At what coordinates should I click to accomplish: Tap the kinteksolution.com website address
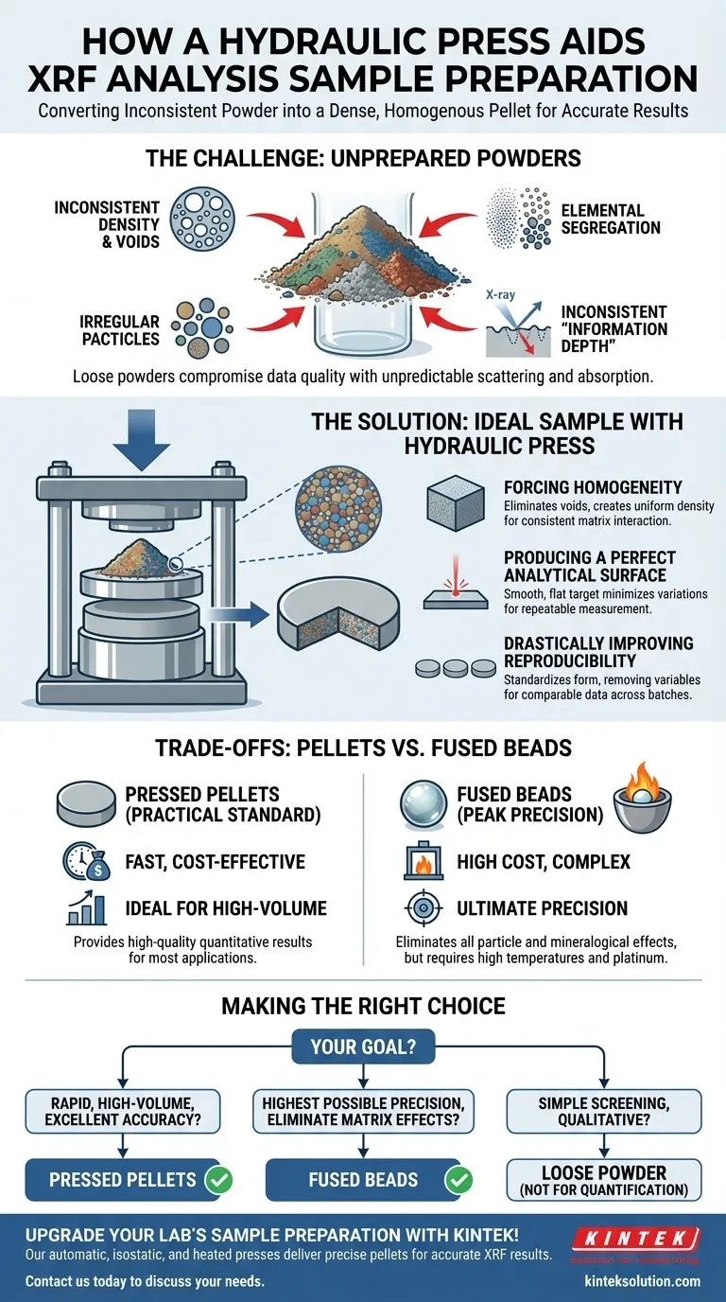pyautogui.click(x=643, y=1281)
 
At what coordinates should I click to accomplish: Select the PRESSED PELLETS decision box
pyautogui.click(x=123, y=1180)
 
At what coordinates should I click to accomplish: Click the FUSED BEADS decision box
pyautogui.click(x=363, y=1180)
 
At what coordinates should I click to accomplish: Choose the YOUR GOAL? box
pyautogui.click(x=363, y=1047)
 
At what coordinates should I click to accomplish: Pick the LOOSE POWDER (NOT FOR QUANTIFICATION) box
pyautogui.click(x=604, y=1180)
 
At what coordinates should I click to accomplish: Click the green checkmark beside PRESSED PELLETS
pyautogui.click(x=217, y=1180)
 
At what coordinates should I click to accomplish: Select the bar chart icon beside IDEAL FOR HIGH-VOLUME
pyautogui.click(x=85, y=909)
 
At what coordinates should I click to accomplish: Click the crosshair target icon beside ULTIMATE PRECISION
pyautogui.click(x=422, y=908)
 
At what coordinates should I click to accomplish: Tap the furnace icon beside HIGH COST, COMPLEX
pyautogui.click(x=422, y=861)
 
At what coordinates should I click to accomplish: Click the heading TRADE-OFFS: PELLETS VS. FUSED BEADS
pyautogui.click(x=363, y=748)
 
